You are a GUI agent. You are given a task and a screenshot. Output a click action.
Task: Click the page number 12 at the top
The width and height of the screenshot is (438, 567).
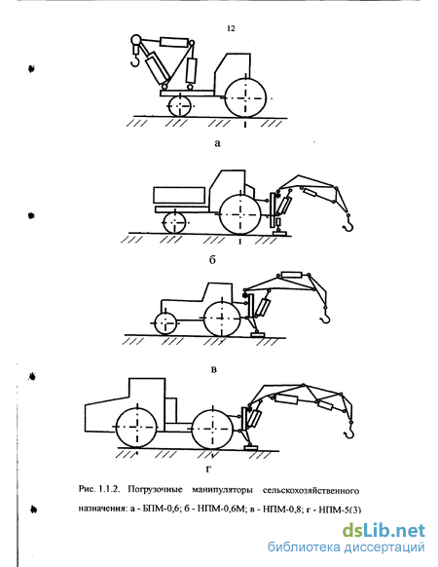click(231, 28)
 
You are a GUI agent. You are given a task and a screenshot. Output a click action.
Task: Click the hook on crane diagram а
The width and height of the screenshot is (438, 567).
click(135, 60)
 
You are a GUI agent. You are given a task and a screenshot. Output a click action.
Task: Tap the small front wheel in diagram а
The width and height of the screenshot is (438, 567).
click(180, 105)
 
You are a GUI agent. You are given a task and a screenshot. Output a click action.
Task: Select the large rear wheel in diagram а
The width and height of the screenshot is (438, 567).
click(245, 97)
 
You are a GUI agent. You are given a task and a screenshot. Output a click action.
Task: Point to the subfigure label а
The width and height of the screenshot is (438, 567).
click(217, 143)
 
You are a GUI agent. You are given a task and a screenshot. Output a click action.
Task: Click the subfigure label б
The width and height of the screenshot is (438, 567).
click(212, 259)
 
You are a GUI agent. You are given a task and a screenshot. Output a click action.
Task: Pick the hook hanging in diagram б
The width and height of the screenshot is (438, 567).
click(348, 223)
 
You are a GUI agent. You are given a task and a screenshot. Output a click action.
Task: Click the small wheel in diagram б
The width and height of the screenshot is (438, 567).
click(175, 223)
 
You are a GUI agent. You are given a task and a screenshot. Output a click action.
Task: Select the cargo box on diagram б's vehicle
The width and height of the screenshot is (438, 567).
click(179, 195)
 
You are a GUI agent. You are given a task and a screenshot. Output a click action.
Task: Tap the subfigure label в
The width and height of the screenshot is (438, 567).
click(213, 369)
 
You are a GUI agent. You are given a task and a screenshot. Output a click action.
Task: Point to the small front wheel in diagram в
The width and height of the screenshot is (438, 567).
click(165, 322)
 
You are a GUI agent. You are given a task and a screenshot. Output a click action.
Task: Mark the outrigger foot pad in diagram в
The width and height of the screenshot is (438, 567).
click(258, 335)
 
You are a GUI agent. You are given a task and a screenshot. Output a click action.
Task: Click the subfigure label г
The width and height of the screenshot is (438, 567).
click(207, 469)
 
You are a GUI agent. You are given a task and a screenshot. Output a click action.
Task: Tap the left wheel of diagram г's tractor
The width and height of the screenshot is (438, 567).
click(137, 428)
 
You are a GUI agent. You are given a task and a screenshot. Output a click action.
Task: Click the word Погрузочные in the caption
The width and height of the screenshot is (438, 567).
click(155, 491)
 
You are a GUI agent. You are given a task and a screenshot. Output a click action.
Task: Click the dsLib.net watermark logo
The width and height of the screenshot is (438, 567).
click(383, 531)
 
